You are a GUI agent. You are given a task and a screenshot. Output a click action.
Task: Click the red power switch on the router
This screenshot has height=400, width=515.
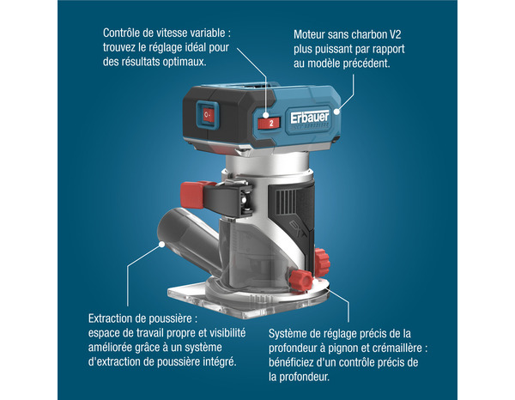point(207,115)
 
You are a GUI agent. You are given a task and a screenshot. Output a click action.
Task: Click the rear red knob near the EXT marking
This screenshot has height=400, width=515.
point(322,258)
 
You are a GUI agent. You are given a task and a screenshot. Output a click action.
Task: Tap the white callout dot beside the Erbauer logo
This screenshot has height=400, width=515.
point(339,111)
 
